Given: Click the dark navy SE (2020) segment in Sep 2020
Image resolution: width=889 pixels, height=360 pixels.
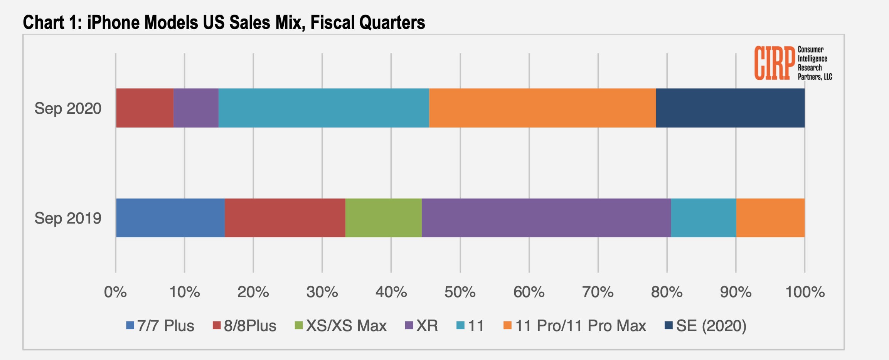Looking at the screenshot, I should point(730,108).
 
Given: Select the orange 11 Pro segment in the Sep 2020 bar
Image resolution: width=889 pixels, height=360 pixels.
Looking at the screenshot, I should point(542,108).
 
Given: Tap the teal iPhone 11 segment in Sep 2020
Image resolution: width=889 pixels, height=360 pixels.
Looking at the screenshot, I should point(324,108).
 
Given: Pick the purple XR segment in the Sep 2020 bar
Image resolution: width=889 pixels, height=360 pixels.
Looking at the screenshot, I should point(196,108).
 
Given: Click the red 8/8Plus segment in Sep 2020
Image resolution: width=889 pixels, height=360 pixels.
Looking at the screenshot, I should point(145,108).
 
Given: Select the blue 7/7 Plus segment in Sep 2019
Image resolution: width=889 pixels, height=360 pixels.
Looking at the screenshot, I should point(170,218).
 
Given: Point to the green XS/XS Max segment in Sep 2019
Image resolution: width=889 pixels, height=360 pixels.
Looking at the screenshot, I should point(384,218).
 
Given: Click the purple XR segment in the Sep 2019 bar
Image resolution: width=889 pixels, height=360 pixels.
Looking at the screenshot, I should point(546,218).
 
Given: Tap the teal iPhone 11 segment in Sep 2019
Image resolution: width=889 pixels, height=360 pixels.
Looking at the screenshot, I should point(704,218).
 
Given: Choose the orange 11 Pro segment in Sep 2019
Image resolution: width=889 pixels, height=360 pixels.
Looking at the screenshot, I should point(770,218).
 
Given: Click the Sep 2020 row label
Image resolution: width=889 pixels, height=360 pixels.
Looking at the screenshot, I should point(68,108).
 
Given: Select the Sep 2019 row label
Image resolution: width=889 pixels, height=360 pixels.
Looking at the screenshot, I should point(68,218).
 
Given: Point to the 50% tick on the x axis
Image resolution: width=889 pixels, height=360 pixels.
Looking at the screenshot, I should point(460,292).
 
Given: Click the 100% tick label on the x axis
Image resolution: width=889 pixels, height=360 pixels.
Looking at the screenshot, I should point(805,292).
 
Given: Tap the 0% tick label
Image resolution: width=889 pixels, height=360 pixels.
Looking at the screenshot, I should point(115,292).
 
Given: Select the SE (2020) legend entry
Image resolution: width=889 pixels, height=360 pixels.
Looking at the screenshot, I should point(705,326).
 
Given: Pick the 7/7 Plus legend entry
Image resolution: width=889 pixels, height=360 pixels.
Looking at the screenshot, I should point(160,326).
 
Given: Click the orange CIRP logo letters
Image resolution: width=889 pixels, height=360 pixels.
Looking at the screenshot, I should point(774,63).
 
